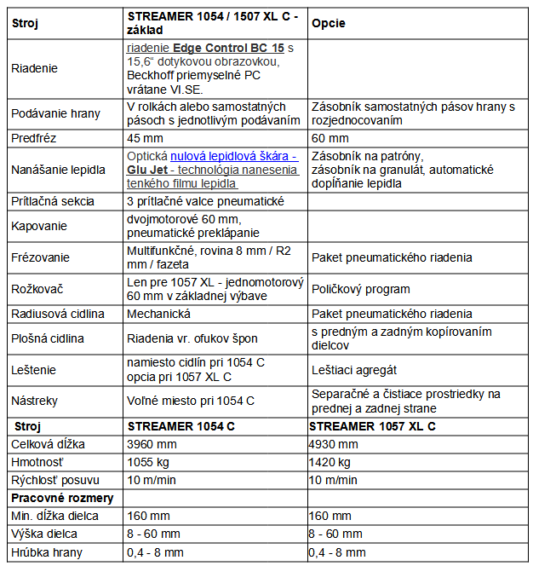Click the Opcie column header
[x=328, y=23]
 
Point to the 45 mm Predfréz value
[x=145, y=137]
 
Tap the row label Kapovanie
[x=39, y=226]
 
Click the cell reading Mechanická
[x=158, y=314]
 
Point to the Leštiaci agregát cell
[x=354, y=370]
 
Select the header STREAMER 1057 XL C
[x=372, y=425]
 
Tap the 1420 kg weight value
[x=330, y=462]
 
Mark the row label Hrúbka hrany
[x=47, y=552]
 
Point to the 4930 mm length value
[x=333, y=444]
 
